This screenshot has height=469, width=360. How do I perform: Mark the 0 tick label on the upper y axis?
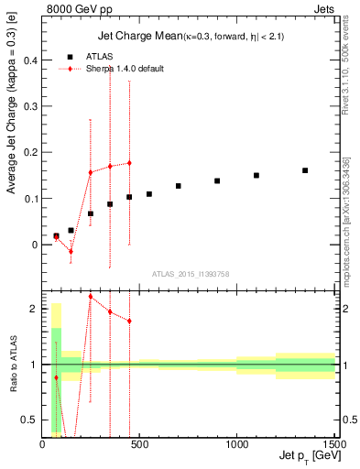click(x=35, y=245)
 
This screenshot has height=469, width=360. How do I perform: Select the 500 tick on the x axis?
click(x=139, y=445)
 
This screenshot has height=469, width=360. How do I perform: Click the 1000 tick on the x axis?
click(x=236, y=445)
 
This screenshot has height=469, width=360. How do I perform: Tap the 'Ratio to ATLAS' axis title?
click(x=12, y=364)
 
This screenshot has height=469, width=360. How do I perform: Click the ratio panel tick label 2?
click(x=35, y=309)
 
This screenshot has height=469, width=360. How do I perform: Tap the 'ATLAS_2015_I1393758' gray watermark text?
click(x=191, y=274)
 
